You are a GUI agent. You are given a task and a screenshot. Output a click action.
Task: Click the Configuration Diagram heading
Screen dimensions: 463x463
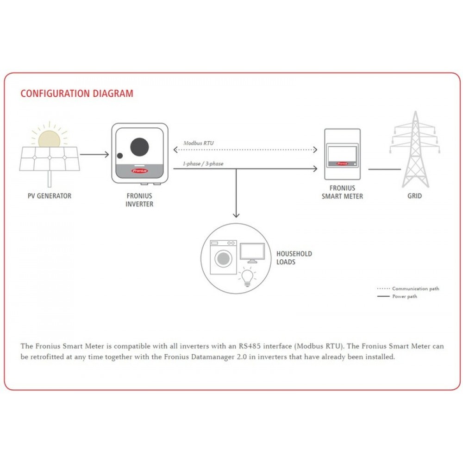tap(77, 94)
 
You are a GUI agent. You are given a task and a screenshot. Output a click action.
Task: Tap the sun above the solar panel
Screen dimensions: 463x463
tap(49, 139)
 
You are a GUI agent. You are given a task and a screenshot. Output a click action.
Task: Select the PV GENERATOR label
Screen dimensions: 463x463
tap(50, 196)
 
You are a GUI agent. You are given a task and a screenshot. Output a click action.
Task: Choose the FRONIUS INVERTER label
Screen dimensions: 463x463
tap(139, 200)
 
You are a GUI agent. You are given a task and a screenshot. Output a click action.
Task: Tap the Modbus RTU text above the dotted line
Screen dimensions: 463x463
tap(199, 144)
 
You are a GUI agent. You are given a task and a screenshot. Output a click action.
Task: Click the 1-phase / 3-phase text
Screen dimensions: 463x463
tap(203, 163)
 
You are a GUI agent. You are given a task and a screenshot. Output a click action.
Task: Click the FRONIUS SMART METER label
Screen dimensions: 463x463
tap(342, 192)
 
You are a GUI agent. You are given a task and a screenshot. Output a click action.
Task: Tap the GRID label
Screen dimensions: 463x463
tap(414, 196)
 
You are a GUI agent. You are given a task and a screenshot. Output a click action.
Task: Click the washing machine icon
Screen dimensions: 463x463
tap(223, 257)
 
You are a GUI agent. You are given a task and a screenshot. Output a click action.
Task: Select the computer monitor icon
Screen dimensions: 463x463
tap(252, 253)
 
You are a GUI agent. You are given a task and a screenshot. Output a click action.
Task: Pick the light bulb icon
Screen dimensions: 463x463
tap(247, 276)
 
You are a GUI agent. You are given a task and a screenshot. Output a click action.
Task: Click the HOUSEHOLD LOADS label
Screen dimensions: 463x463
tap(294, 258)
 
